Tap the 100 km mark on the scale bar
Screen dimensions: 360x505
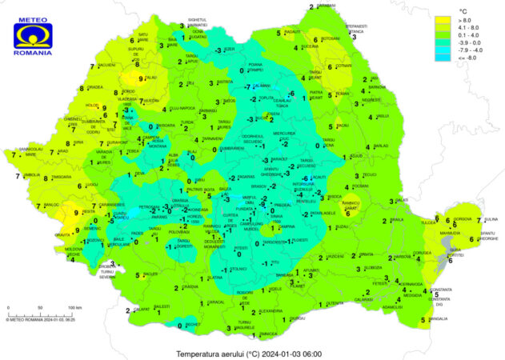(x=75, y=307)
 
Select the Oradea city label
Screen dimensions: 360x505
(x=95, y=87)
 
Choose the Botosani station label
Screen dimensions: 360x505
(x=331, y=37)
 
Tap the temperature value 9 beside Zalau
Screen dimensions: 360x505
(x=141, y=78)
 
